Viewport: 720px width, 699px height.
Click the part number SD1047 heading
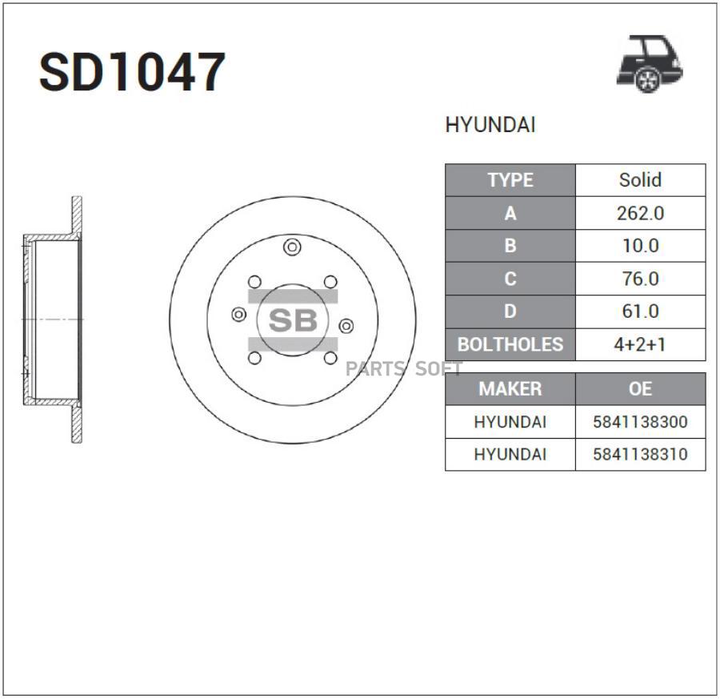coord(132,72)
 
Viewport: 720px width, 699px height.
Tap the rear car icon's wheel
coord(647,80)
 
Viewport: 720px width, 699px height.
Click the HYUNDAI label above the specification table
coord(490,125)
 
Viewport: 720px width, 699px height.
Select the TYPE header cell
coord(510,180)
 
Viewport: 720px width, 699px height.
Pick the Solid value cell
coord(641,180)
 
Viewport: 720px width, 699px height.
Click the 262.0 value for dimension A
coord(641,213)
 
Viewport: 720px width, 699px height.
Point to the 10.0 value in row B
coord(641,246)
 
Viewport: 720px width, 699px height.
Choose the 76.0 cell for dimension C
coord(641,279)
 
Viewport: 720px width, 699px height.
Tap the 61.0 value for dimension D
coord(641,311)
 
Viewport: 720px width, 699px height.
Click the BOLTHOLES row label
coord(510,344)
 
